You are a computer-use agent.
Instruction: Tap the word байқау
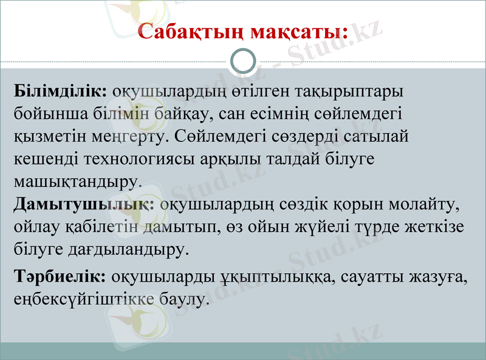176,114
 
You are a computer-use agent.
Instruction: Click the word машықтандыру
75,181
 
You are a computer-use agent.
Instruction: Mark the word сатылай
377,136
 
